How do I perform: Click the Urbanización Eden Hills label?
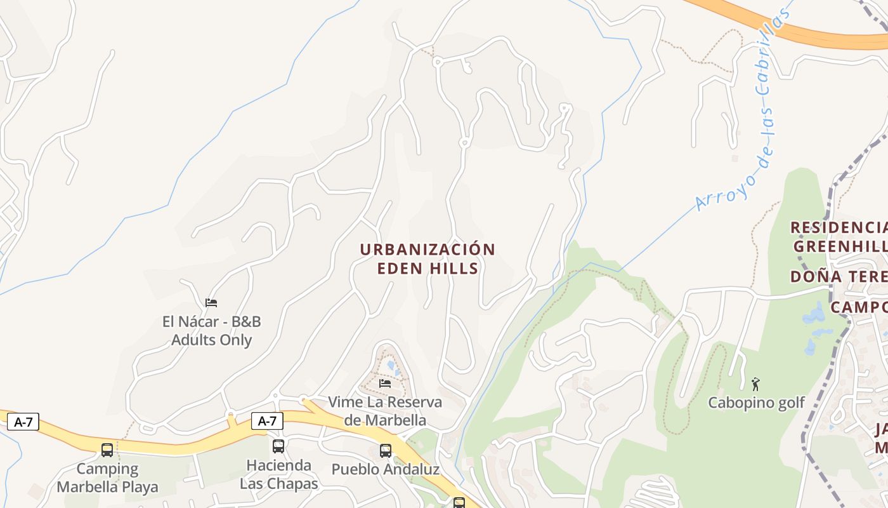coord(428,258)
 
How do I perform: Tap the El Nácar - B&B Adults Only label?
coord(211,330)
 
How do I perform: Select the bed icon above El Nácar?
coord(211,303)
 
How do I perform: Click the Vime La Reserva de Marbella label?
coord(385,411)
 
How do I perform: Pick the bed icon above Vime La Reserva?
coord(385,383)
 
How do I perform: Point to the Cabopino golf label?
coord(756,403)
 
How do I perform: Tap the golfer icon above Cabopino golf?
coord(755,384)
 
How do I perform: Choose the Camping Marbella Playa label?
coord(107,478)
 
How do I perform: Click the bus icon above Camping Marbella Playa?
coord(107,450)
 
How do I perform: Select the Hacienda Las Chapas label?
coord(278,474)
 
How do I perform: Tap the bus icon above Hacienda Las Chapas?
coord(278,446)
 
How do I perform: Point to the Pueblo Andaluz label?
coord(385,469)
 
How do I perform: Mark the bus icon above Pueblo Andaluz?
coord(385,451)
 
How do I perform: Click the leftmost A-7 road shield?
coord(23,422)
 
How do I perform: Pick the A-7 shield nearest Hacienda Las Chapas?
coord(267,420)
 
